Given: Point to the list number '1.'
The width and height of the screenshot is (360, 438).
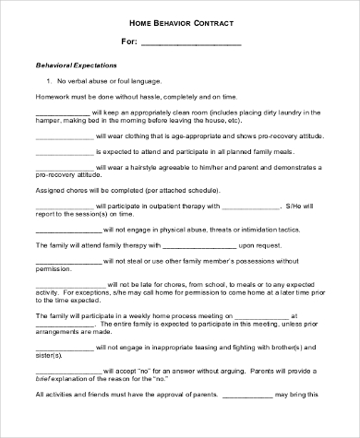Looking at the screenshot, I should pyautogui.click(x=49, y=82).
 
